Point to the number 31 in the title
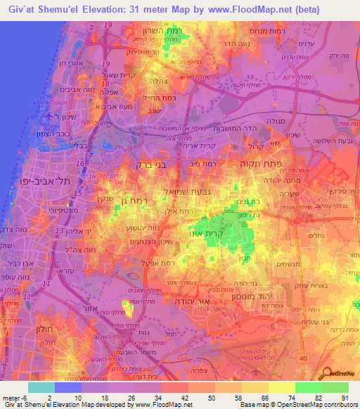(146, 10)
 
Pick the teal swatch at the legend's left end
(41, 387)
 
